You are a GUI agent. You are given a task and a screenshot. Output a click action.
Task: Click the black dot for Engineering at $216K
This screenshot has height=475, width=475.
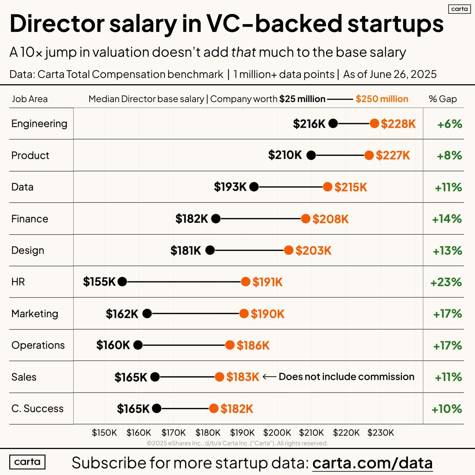click(x=333, y=124)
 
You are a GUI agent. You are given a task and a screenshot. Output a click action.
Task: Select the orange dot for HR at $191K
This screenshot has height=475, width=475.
click(x=246, y=282)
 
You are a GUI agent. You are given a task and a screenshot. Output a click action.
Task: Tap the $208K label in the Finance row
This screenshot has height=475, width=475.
click(x=330, y=219)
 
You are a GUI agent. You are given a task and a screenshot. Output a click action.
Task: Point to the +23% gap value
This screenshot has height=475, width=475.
click(x=446, y=282)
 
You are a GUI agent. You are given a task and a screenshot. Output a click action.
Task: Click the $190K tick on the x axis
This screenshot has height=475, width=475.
click(x=242, y=433)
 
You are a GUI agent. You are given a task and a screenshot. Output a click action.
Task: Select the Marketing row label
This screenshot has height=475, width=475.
click(x=35, y=314)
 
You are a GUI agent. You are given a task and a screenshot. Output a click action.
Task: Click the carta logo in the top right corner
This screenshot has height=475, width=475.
click(x=459, y=9)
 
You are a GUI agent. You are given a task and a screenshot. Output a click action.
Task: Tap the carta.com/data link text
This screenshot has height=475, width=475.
click(x=372, y=463)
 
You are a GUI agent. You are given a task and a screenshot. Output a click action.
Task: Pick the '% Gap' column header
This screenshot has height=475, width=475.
click(x=443, y=99)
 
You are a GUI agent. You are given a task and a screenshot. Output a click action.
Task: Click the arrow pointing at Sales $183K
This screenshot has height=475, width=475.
click(x=269, y=377)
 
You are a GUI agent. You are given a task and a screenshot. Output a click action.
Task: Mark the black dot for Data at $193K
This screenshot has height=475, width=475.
click(x=254, y=187)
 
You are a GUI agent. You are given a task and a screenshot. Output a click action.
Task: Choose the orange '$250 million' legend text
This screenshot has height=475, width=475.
click(x=382, y=99)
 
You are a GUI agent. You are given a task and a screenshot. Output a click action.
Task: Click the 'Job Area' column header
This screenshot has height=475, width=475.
click(x=30, y=99)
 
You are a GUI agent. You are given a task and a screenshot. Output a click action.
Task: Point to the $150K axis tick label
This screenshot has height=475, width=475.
click(x=104, y=433)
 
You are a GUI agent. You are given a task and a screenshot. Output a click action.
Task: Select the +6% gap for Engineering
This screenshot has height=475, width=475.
click(x=450, y=124)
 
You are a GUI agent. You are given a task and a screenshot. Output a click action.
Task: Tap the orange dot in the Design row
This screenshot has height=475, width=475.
click(x=289, y=250)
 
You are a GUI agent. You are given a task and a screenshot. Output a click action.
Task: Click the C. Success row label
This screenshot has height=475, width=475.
click(x=37, y=409)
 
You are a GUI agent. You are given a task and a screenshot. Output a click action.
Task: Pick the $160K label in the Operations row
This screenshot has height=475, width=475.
click(x=113, y=345)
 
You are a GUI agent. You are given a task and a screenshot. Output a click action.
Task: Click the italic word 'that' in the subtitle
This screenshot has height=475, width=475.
click(x=243, y=52)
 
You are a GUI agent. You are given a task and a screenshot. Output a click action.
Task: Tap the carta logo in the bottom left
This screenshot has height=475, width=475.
click(x=27, y=462)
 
